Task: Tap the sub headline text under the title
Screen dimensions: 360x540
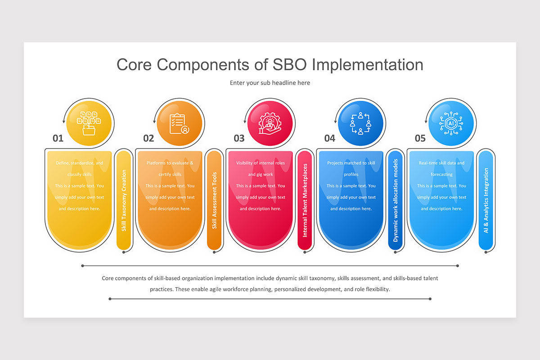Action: (270, 83)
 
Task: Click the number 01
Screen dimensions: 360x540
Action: (58, 138)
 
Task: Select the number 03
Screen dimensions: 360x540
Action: (239, 138)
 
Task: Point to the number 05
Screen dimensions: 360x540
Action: (420, 138)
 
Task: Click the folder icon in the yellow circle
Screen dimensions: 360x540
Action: (89, 123)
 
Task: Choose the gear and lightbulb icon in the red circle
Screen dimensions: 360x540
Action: (270, 123)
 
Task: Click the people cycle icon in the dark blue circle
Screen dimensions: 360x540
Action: (360, 123)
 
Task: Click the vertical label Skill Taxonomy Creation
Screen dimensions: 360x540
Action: (124, 200)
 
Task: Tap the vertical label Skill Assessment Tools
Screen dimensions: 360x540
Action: (214, 200)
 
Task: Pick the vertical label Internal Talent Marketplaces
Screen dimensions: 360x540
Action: (305, 200)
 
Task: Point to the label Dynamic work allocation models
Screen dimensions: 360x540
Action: (396, 200)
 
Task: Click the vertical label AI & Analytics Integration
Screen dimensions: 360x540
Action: (486, 200)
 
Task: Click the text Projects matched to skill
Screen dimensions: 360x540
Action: (351, 163)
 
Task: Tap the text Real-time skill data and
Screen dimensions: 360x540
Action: (441, 163)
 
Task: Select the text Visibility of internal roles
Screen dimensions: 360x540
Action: (260, 163)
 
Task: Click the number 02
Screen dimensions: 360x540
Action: (148, 138)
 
